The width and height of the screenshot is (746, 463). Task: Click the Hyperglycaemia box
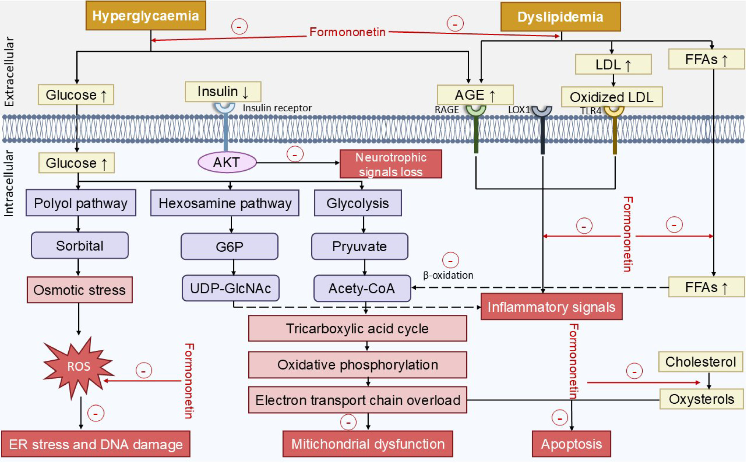[x=146, y=16]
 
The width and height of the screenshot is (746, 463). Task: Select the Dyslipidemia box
[x=560, y=17]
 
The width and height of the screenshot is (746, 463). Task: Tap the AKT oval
[x=227, y=162]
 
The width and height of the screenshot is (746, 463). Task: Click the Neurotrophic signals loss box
[x=391, y=164]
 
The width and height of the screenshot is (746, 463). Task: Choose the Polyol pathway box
[x=81, y=203]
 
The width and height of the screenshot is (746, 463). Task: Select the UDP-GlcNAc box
[x=230, y=288]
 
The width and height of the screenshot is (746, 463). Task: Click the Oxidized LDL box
[x=611, y=97]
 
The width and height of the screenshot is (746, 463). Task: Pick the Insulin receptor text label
[x=277, y=108]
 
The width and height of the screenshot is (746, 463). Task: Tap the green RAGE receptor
[x=476, y=129]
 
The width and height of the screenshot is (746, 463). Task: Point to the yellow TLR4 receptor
[x=614, y=129]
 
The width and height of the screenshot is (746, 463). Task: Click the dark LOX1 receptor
[x=542, y=129]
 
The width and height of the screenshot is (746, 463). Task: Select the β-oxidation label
[x=448, y=275]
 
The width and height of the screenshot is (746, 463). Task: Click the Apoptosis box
[x=571, y=444]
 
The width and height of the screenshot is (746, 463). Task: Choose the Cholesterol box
[x=700, y=362]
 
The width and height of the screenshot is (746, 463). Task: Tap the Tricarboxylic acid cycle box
[x=357, y=328]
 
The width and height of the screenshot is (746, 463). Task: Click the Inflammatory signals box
[x=551, y=307]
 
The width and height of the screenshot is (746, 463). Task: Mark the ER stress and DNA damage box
[x=96, y=444]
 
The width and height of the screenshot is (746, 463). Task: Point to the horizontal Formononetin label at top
[x=347, y=32]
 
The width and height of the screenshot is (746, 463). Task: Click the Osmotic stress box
[x=79, y=290]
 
